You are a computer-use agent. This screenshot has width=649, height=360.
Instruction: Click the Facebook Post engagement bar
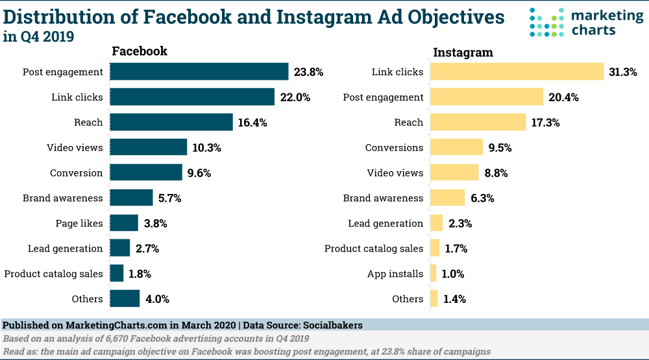tap(199, 71)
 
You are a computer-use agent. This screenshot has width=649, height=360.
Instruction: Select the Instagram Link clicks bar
tap(517, 71)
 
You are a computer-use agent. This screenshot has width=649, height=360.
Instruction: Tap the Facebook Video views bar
tap(149, 147)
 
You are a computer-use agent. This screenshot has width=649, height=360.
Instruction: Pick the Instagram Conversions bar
tap(456, 147)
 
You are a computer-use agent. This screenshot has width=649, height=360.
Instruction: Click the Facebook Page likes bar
tap(124, 223)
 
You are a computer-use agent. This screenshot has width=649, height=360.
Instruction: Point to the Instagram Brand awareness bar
tap(447, 198)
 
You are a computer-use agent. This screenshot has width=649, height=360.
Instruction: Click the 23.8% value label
tap(308, 72)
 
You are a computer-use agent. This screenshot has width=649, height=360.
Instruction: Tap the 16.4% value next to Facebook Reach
tap(252, 123)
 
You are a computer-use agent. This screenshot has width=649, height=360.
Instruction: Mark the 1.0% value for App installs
tap(453, 274)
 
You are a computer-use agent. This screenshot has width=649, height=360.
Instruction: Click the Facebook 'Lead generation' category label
tap(65, 248)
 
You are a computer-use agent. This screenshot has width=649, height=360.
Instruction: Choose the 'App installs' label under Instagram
tap(395, 274)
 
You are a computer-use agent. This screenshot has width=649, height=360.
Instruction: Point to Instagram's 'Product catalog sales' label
tap(374, 248)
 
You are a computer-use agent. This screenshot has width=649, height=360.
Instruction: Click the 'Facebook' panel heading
tap(140, 51)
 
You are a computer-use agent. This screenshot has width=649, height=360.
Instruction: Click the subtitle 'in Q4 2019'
tap(38, 37)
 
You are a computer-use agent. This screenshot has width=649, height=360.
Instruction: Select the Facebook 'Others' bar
tap(125, 299)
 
